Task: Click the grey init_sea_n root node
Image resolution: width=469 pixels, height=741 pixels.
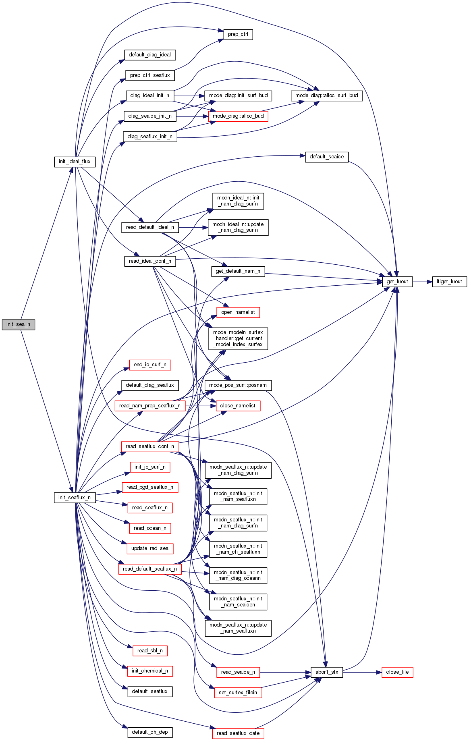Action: coord(18,324)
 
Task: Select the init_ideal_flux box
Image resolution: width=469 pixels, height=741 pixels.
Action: coord(75,162)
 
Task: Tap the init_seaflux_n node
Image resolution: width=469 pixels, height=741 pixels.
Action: coord(75,498)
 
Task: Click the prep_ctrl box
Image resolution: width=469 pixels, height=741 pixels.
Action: coord(238,34)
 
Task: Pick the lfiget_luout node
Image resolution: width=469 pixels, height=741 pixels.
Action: coord(449,282)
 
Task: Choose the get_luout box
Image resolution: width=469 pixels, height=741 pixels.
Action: coord(397,282)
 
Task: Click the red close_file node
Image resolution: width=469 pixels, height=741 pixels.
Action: coord(397,672)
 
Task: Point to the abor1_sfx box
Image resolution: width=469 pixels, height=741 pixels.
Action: coord(327,672)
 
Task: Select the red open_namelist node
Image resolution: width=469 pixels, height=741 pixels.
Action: coord(238,312)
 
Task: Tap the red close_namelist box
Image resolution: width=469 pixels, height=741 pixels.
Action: coord(238,406)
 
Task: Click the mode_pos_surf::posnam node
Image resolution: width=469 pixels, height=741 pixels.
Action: coord(238,385)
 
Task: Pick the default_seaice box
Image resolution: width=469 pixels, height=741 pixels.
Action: coord(326,157)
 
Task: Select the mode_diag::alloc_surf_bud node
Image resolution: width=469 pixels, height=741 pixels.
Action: coord(326,95)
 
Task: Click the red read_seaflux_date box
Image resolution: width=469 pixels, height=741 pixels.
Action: coord(238,733)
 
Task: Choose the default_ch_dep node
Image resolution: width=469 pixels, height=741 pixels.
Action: coord(150,732)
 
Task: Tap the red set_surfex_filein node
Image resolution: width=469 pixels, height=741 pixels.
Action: coord(238,693)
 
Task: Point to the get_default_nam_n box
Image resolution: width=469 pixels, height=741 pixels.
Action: coord(238,271)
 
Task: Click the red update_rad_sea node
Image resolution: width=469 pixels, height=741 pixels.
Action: coord(150,548)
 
